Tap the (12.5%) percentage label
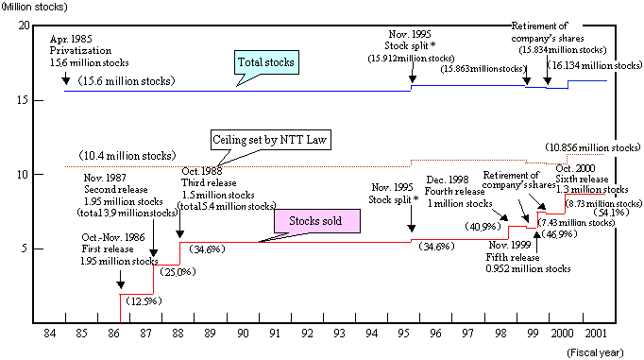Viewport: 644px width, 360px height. click(142, 300)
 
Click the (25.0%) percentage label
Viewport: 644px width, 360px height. click(174, 272)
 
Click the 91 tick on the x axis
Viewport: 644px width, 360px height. click(274, 334)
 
